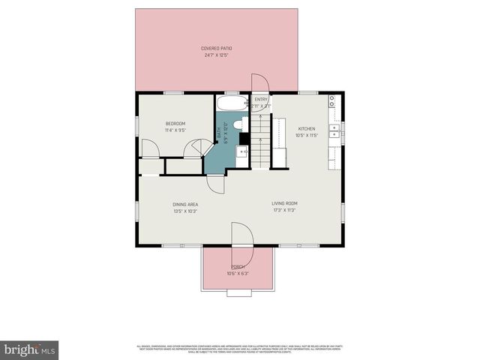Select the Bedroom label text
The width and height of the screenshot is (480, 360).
coord(175,124)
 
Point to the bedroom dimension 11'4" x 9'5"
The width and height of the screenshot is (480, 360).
coord(175,130)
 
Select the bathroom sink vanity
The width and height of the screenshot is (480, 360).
coord(242,153)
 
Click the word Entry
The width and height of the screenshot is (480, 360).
coord(261,100)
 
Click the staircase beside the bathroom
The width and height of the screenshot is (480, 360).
coord(259,146)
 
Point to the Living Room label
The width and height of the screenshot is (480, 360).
coord(284,203)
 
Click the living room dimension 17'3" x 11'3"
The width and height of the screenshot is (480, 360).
coord(284,211)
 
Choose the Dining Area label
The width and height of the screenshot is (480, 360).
coord(185,204)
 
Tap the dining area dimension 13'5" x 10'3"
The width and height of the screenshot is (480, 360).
coord(185,211)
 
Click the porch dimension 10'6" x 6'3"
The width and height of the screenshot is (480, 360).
coord(237,273)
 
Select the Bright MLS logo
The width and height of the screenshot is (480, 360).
coord(30,349)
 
